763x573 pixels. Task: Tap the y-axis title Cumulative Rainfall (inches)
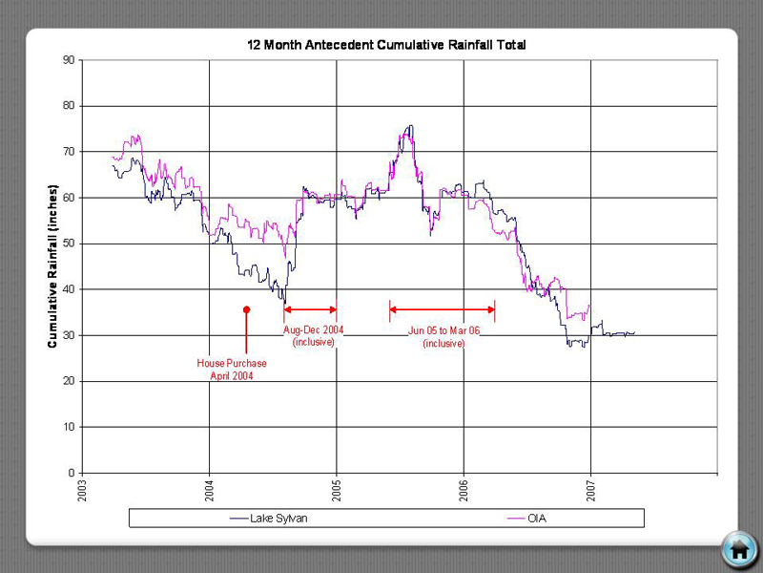(53, 265)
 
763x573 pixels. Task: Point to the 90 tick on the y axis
(69, 60)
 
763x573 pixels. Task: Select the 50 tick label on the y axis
(69, 244)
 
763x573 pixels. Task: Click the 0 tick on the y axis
(72, 473)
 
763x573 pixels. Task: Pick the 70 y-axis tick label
(69, 152)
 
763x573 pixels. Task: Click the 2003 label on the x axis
(83, 490)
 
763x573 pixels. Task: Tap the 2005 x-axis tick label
(337, 490)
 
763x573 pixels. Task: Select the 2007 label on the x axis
(591, 490)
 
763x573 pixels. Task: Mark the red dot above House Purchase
(246, 309)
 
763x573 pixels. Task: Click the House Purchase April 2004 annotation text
(232, 370)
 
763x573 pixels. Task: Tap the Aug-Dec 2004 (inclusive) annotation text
(314, 335)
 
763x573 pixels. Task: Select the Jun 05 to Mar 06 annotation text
(443, 336)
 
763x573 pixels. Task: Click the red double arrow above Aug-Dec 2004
(311, 309)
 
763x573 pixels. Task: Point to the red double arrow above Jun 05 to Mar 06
(442, 309)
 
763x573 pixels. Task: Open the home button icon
(738, 549)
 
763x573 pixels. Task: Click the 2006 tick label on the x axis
(464, 490)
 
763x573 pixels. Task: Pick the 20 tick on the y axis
(69, 381)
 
